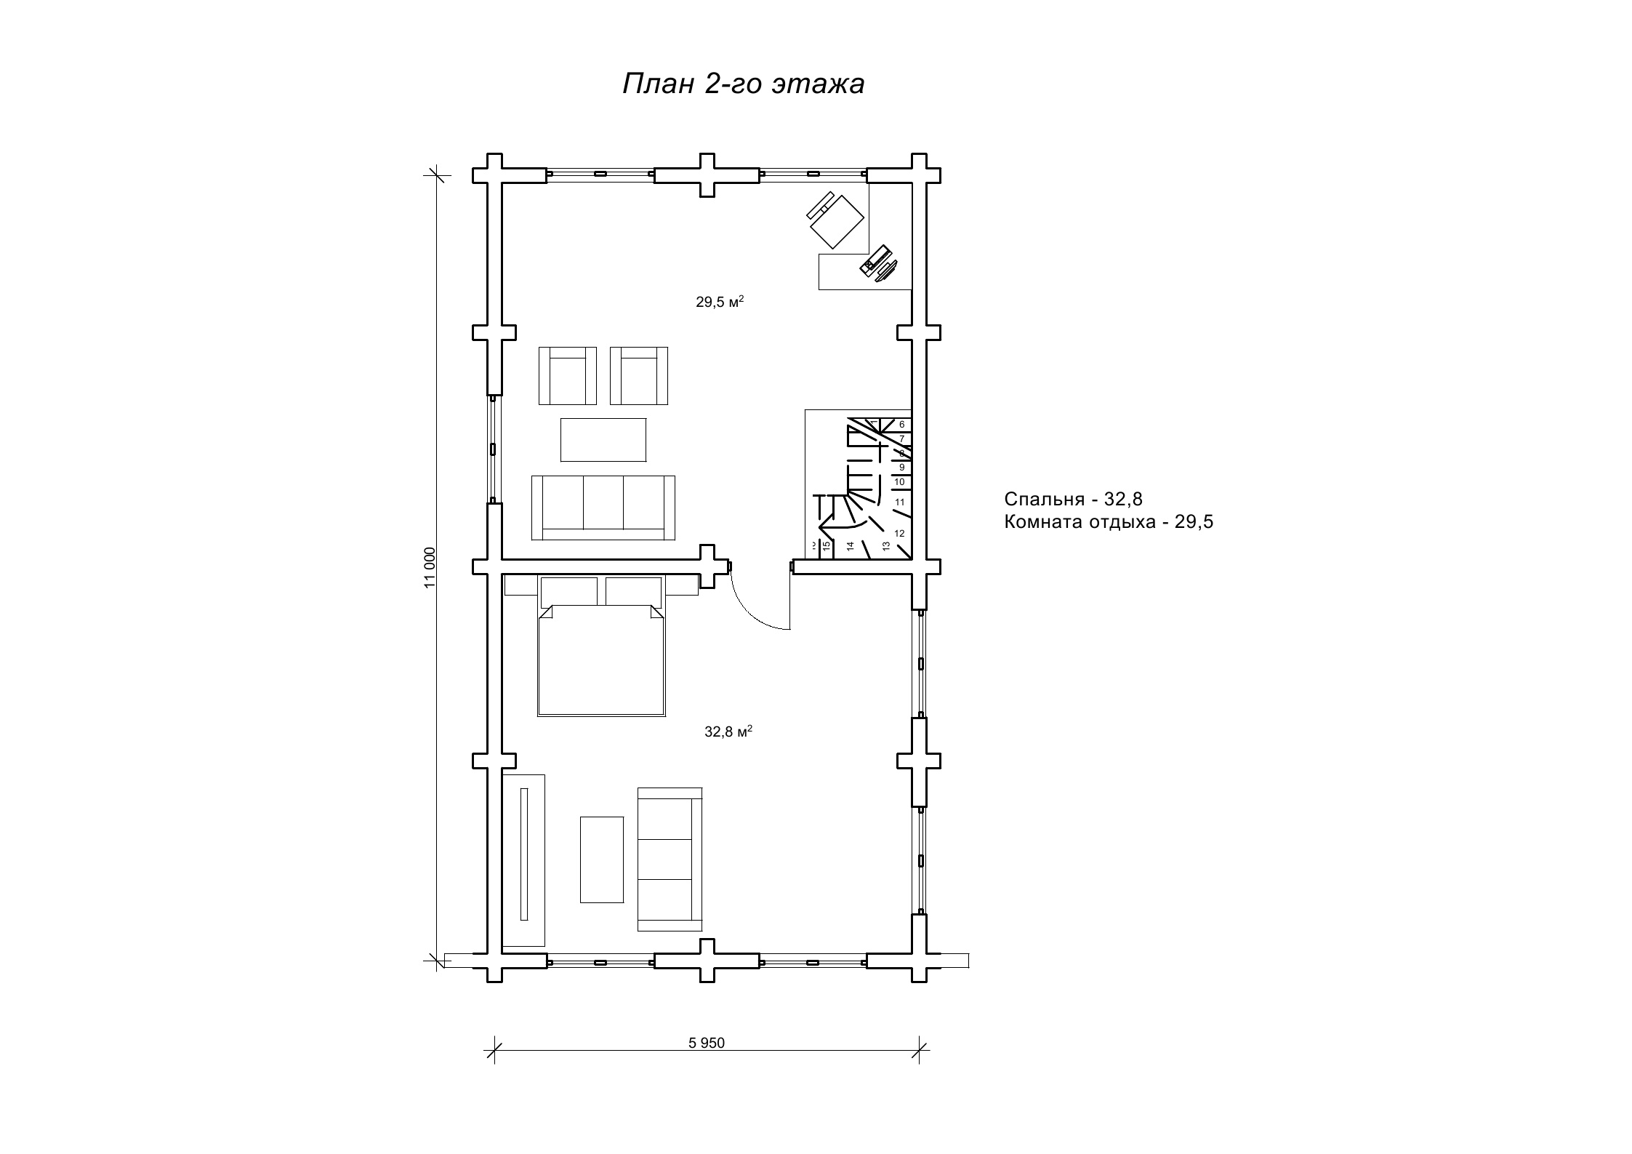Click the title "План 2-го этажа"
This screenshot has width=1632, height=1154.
(x=744, y=84)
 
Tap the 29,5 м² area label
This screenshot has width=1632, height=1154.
(x=720, y=302)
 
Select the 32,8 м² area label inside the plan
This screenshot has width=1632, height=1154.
(x=728, y=732)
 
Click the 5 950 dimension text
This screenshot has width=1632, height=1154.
(x=707, y=1043)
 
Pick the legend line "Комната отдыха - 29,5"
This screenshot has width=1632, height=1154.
(x=1109, y=522)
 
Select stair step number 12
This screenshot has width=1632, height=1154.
(x=899, y=533)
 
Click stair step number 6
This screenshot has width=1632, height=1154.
(x=902, y=424)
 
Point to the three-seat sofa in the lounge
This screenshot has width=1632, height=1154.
(x=603, y=508)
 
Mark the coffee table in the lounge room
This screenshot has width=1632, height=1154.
(x=603, y=439)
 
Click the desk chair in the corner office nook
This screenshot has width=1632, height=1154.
(x=835, y=219)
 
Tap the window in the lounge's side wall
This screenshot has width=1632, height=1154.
(x=493, y=449)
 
